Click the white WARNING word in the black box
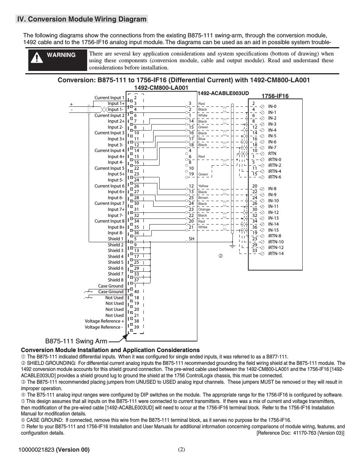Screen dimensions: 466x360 [61, 55]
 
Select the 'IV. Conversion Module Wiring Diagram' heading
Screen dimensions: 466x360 [82, 19]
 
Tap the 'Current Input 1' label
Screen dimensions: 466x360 [109, 98]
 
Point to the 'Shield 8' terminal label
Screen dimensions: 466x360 [115, 280]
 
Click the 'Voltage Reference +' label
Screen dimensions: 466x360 [105, 321]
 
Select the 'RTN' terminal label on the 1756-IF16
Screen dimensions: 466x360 [272, 154]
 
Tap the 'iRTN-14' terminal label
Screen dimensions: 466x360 [276, 254]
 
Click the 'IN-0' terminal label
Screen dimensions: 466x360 [272, 106]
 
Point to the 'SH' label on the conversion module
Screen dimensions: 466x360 [191, 239]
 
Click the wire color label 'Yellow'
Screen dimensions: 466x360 [203, 186]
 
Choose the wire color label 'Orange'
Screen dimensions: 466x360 [204, 209]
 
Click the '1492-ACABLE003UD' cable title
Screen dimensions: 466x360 [223, 93]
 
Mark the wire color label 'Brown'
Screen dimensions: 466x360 [203, 198]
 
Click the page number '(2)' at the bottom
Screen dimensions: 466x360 [182, 449]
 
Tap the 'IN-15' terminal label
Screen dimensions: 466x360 [273, 230]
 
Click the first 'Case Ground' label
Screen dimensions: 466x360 [111, 286]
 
